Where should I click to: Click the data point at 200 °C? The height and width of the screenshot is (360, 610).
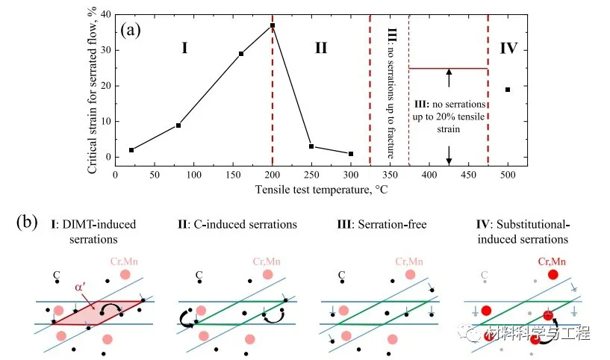(x=273, y=25)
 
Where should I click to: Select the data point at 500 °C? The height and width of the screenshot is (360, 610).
(x=508, y=90)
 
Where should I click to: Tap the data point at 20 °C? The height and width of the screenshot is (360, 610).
(x=131, y=150)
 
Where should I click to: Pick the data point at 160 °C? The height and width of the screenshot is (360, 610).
(x=241, y=54)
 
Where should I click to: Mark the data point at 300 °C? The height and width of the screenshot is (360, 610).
(x=351, y=154)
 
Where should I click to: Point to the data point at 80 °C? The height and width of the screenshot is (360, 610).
(x=178, y=125)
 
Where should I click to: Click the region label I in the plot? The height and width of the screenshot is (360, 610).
(x=184, y=49)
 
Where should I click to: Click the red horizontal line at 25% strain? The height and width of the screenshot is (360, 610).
(x=448, y=69)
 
